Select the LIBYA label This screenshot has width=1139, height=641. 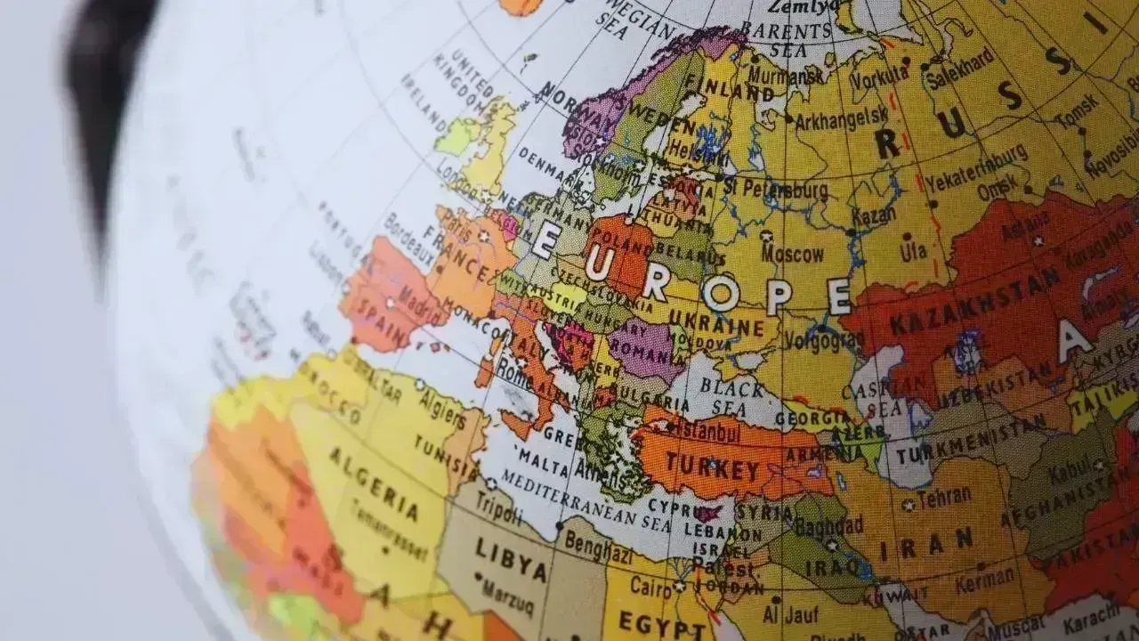[x=510, y=559]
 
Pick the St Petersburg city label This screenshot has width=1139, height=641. [x=774, y=189]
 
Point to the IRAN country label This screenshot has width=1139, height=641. [x=938, y=542]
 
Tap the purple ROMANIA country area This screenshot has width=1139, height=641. [x=646, y=348]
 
